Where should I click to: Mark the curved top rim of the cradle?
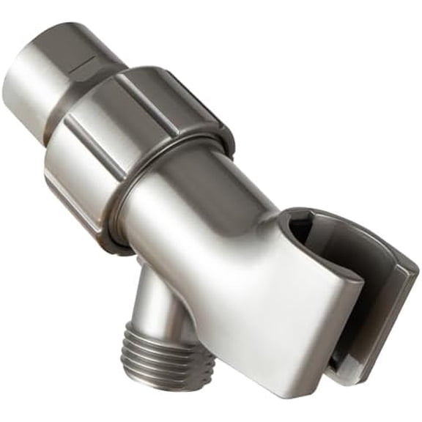click(x=344, y=216)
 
